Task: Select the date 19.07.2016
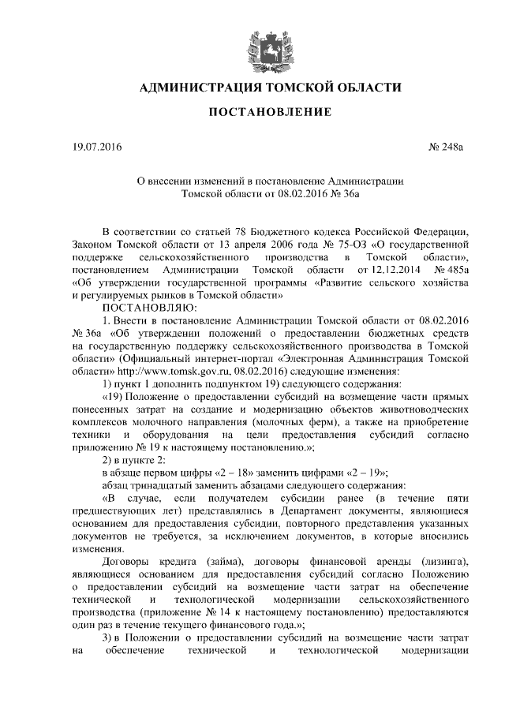coord(93,147)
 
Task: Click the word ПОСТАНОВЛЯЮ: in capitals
coord(145,306)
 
